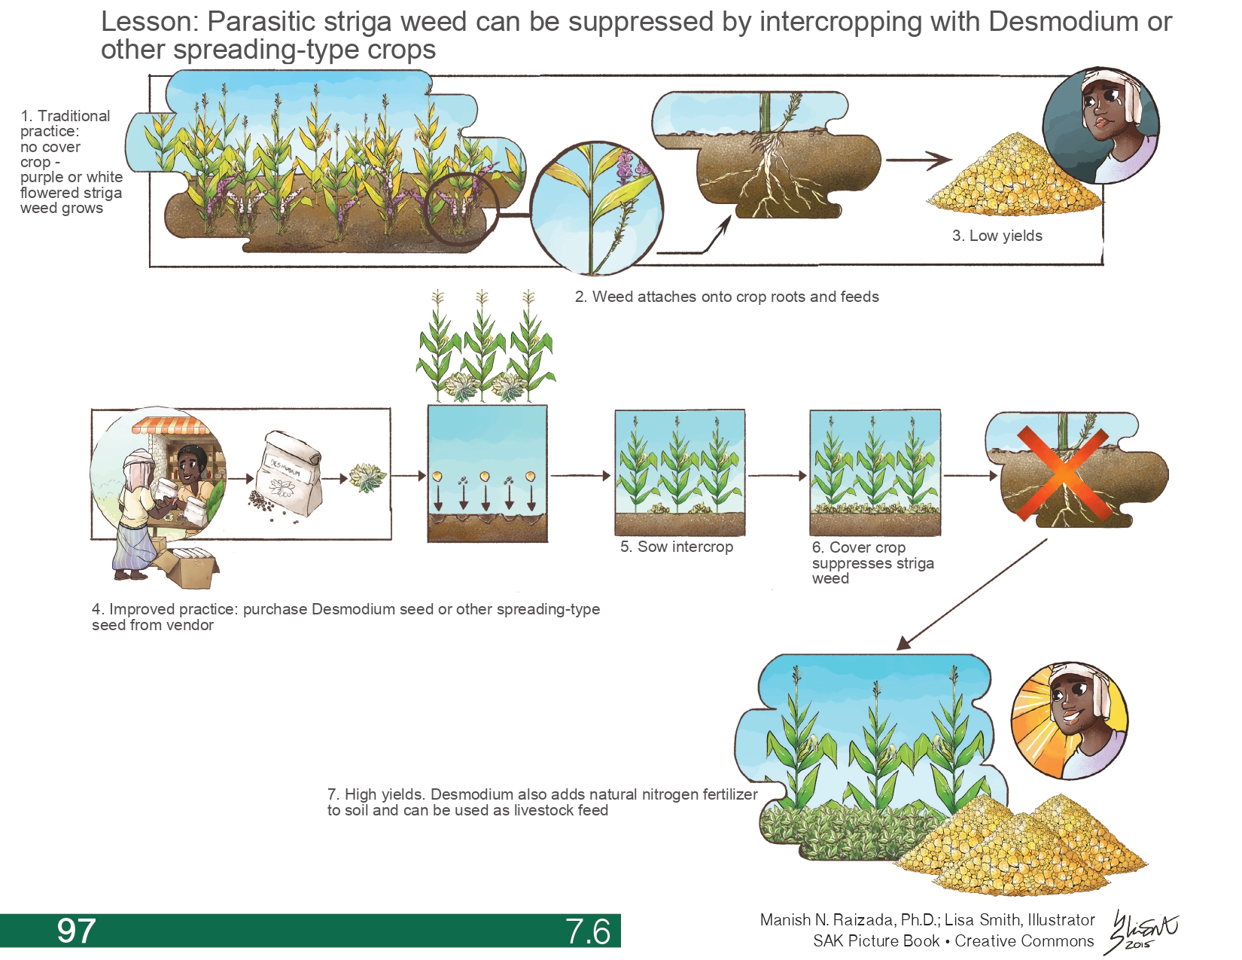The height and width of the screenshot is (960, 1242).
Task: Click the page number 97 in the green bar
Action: pyautogui.click(x=76, y=931)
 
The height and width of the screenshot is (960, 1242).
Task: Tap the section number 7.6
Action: pyautogui.click(x=588, y=931)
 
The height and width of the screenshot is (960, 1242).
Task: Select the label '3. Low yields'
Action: pyautogui.click(x=997, y=236)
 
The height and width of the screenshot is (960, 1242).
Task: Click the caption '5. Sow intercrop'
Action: pyautogui.click(x=676, y=547)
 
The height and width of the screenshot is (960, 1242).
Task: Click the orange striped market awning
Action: pyautogui.click(x=172, y=425)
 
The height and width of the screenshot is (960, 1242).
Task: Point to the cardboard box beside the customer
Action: pyautogui.click(x=192, y=568)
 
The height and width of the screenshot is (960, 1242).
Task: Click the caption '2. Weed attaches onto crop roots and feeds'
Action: pyautogui.click(x=726, y=297)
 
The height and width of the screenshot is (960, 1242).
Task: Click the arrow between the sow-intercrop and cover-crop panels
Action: pyautogui.click(x=777, y=475)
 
